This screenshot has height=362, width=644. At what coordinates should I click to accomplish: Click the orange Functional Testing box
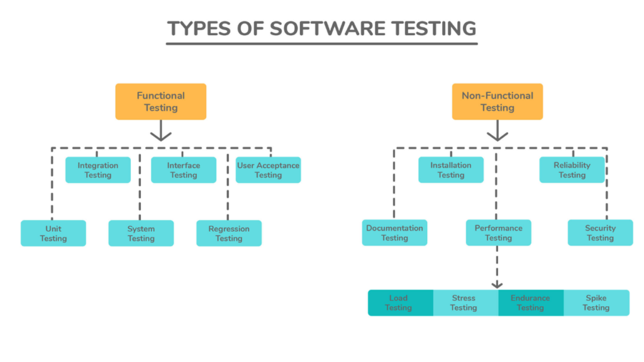160,102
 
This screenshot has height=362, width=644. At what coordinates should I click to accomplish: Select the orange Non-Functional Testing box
497,102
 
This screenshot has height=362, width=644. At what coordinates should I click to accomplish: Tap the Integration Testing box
98,170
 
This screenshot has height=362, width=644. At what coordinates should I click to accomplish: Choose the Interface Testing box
184,170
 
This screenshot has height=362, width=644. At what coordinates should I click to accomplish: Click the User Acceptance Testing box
268,170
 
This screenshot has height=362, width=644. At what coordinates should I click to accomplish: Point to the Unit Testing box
53,233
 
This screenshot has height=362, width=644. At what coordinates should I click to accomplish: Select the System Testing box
141,233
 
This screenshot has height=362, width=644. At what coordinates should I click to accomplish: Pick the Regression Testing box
229,233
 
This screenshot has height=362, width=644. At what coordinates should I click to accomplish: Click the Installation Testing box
451,170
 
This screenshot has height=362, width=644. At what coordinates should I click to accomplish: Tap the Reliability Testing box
572,170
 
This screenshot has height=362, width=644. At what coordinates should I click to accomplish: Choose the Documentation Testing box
395,233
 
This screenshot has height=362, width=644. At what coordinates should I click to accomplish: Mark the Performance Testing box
498,233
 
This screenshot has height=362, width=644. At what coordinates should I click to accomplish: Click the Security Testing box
600,233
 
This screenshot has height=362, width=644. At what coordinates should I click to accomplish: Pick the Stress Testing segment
465,302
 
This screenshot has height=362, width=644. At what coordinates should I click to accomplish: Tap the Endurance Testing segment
530,302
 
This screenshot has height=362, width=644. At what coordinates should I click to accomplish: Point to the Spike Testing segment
596,302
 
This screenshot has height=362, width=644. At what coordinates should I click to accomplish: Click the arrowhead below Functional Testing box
161,134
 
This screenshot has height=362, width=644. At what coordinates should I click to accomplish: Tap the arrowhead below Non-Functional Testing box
497,134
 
